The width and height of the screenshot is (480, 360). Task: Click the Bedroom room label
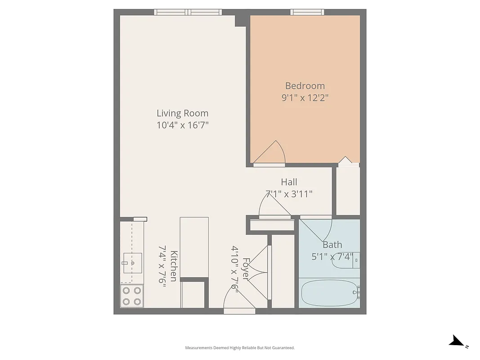coord(305,86)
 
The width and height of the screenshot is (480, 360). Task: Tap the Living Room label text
coord(182,113)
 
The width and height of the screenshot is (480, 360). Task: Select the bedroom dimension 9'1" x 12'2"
coord(305,98)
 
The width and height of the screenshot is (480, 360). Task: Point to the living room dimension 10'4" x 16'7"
coord(182,125)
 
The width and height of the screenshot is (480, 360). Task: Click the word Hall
coord(289,182)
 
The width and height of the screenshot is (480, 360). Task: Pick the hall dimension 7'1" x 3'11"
coord(289,194)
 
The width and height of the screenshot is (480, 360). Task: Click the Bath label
coord(332,245)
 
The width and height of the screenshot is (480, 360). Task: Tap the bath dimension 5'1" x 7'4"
coord(332,257)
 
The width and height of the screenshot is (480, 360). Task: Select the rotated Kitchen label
coord(174,266)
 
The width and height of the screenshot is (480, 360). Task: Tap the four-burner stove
coord(132,296)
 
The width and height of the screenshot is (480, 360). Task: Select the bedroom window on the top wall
coord(307,12)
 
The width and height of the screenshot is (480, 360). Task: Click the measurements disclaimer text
coord(240,348)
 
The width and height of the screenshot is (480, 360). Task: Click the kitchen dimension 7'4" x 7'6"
coord(162,266)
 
